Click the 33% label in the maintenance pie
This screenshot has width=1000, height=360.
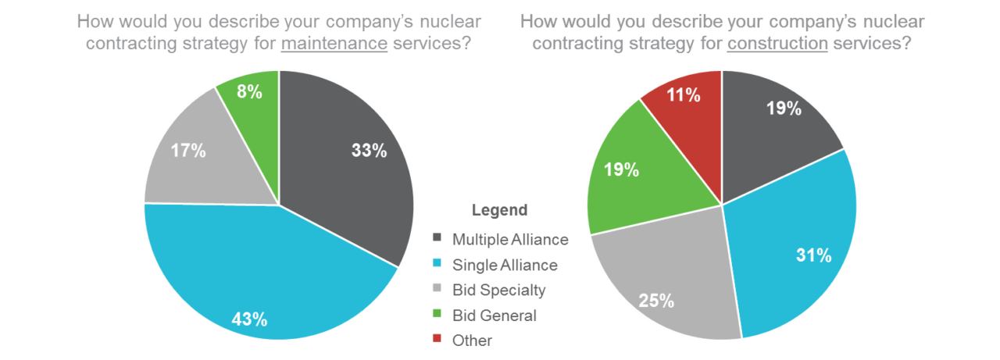point(369,151)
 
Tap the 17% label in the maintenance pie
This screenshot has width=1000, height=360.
point(188,151)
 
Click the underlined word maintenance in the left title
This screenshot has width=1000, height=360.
point(334,44)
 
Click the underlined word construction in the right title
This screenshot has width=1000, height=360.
point(777,44)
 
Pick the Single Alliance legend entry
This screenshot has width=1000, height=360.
point(505,265)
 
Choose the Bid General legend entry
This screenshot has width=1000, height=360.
point(494,315)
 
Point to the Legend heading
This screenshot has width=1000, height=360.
point(499,210)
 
